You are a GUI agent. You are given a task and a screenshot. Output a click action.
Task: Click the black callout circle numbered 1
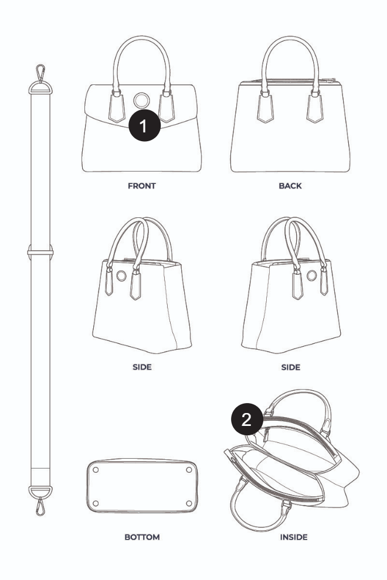pyautogui.click(x=144, y=125)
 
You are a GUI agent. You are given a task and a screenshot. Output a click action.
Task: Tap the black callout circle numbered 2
pyautogui.click(x=247, y=419)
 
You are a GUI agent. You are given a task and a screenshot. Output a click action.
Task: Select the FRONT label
pyautogui.click(x=142, y=186)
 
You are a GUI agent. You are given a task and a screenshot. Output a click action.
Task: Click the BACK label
pyautogui.click(x=290, y=186)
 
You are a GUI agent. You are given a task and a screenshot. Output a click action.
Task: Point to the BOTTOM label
pyautogui.click(x=142, y=537)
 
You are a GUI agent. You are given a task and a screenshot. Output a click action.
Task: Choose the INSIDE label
pyautogui.click(x=294, y=537)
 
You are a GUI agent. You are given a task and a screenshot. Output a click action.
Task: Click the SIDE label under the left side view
pyautogui.click(x=142, y=367)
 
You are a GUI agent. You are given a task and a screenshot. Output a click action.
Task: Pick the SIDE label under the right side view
pyautogui.click(x=291, y=367)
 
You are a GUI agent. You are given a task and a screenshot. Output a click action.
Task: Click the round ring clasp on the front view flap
pyautogui.click(x=141, y=100)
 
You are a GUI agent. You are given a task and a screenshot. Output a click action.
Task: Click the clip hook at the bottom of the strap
pyautogui.click(x=40, y=506)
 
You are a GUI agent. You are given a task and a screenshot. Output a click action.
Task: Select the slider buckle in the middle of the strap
pyautogui.click(x=40, y=253)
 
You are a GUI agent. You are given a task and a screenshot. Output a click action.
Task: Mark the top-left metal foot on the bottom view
pyautogui.click(x=96, y=470)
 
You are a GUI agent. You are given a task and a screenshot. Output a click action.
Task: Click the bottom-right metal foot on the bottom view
pyautogui.click(x=189, y=503)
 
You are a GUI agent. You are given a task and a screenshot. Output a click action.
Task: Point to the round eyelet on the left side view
pyautogui.click(x=121, y=275)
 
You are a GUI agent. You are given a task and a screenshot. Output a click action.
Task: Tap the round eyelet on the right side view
pyautogui.click(x=312, y=275)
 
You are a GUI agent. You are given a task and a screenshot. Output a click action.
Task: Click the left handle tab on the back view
pyautogui.click(x=266, y=108)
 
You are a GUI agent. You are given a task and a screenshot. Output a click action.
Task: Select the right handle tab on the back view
pyautogui.click(x=315, y=108)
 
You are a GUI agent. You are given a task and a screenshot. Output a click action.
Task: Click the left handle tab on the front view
pyautogui.click(x=117, y=107)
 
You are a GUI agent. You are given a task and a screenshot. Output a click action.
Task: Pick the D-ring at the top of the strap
pyautogui.click(x=40, y=88)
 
